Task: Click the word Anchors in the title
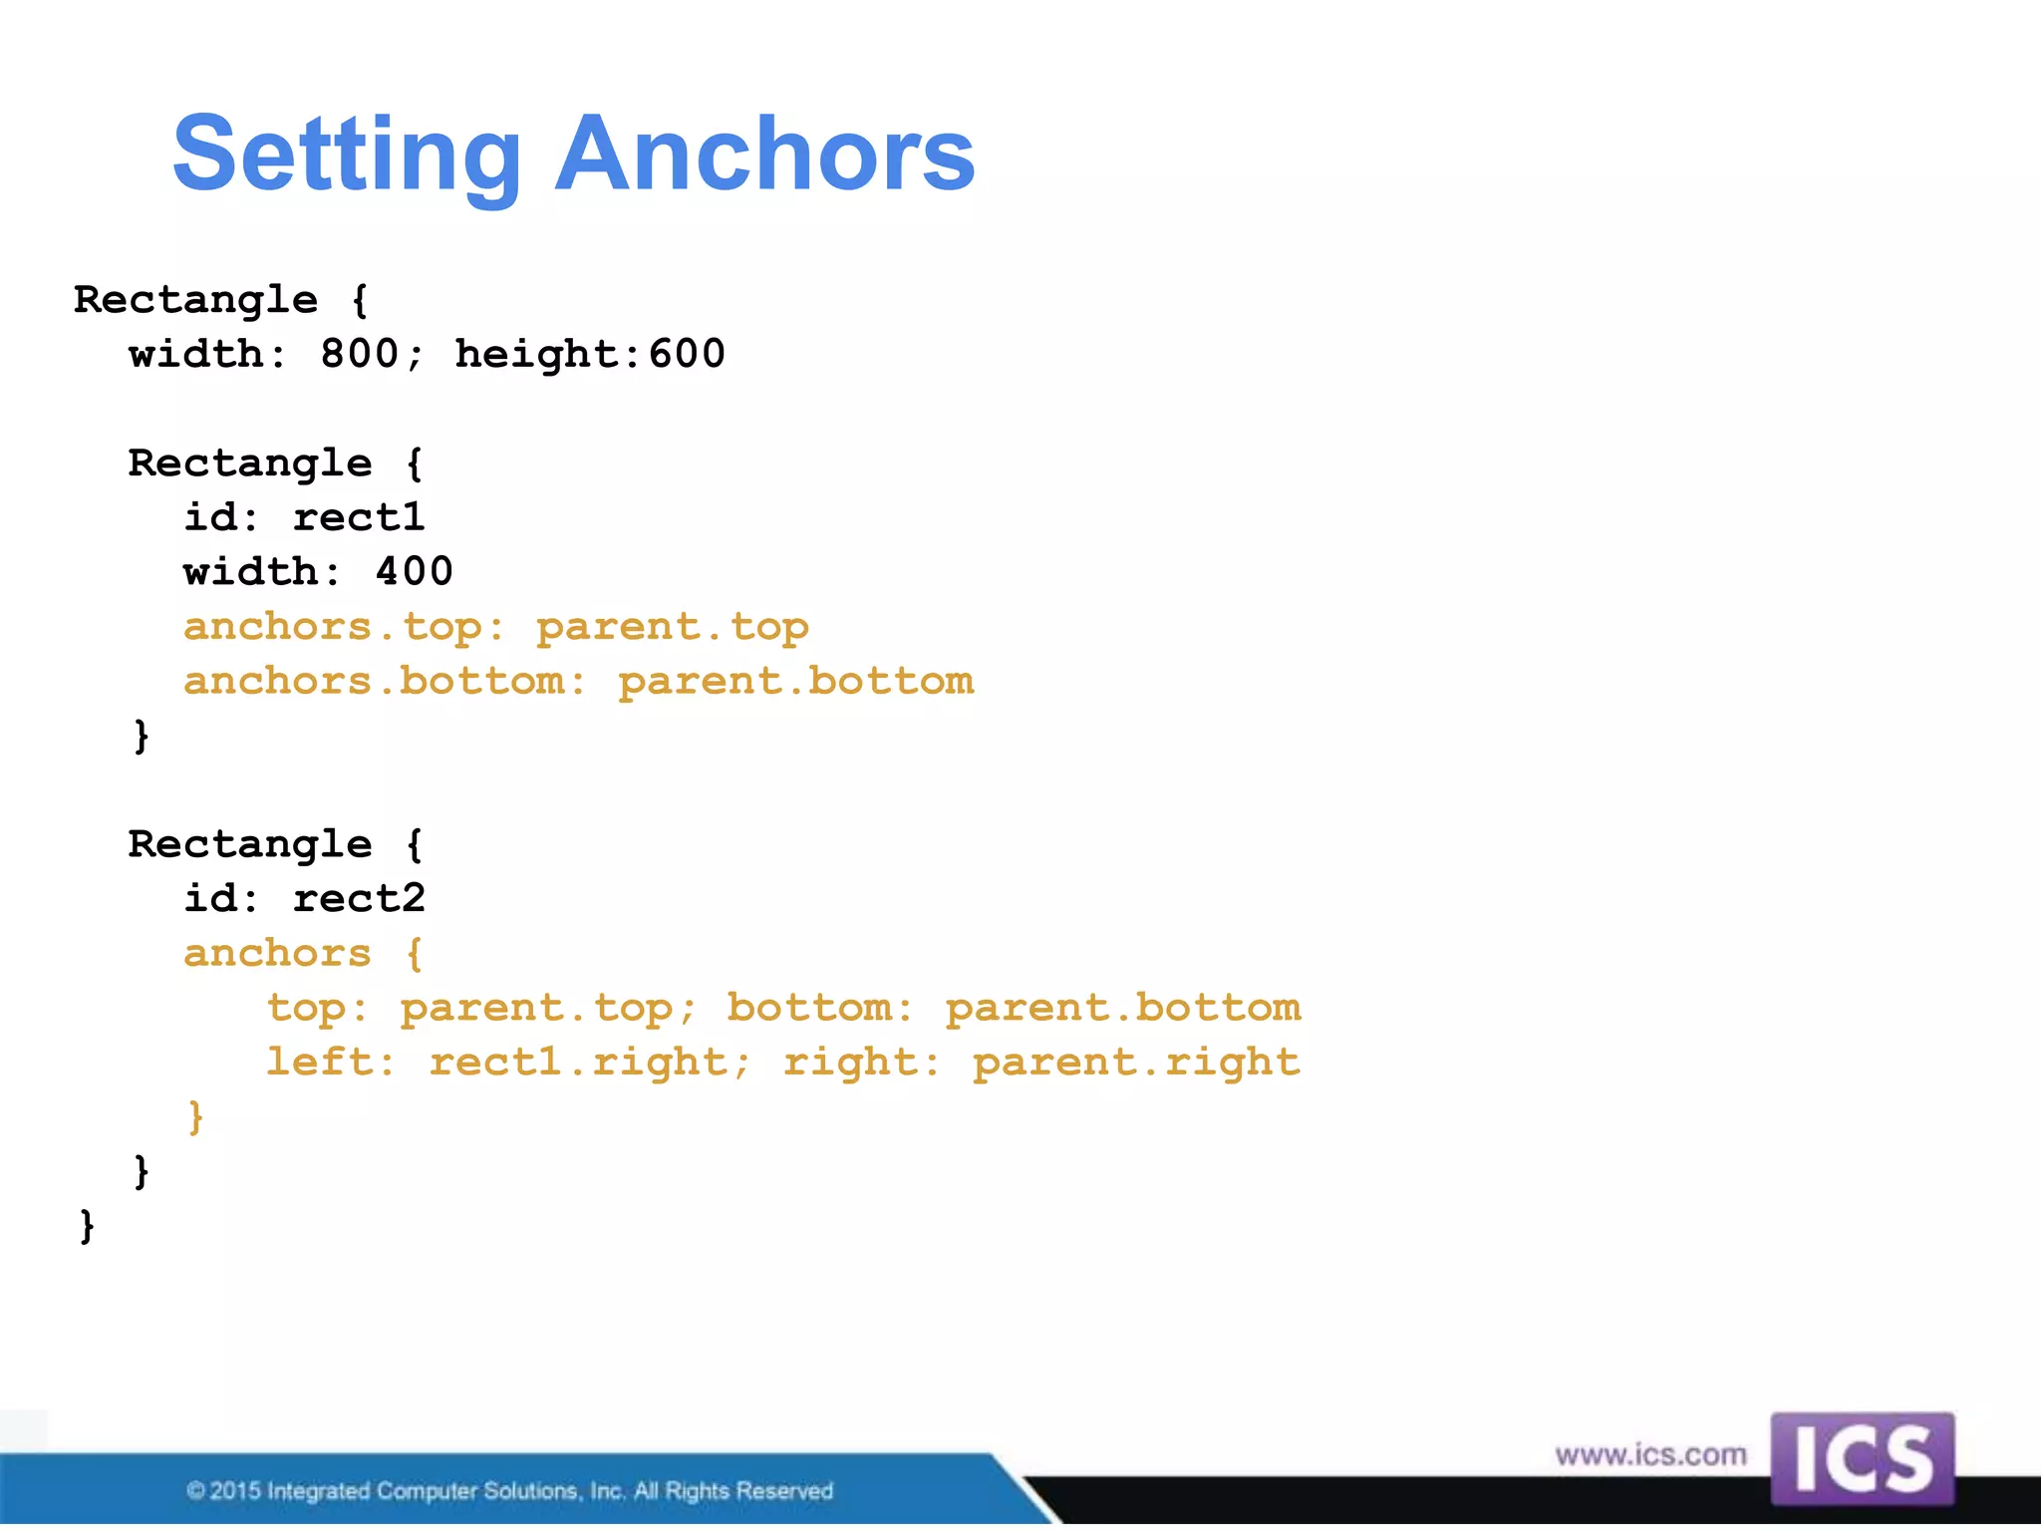(x=764, y=154)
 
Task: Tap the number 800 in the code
(x=359, y=354)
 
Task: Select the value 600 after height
(x=687, y=354)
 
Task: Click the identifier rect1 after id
(x=359, y=517)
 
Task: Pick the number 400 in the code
(x=414, y=572)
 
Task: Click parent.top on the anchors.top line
(x=673, y=627)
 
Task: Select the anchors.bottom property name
(x=374, y=682)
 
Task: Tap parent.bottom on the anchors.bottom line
(x=795, y=682)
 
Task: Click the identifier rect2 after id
(x=359, y=899)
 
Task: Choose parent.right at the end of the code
(x=1136, y=1063)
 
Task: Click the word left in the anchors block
(x=319, y=1063)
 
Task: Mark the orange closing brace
(x=196, y=1116)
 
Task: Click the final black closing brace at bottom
(x=88, y=1225)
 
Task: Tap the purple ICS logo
(x=1862, y=1459)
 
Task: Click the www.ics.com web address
(x=1650, y=1455)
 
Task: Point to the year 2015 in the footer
(x=235, y=1491)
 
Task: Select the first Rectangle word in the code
(x=195, y=300)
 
